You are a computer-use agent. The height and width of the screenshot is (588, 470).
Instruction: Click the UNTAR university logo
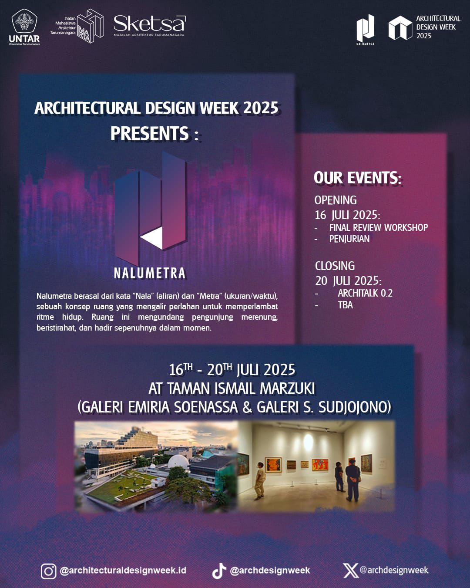coord(24,27)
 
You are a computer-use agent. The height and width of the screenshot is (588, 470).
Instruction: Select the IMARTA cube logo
coord(90,26)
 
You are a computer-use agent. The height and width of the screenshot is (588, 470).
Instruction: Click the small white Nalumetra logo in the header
coord(365,30)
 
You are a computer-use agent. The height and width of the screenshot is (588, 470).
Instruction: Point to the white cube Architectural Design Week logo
coord(400,27)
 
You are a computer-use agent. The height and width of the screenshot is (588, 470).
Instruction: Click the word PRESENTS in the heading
coord(150,133)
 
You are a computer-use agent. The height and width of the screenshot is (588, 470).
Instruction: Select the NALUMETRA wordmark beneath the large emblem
coord(150,273)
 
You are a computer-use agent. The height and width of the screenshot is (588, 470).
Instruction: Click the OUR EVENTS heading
coord(358,178)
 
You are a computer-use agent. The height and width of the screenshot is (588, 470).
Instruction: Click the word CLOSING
coord(335,266)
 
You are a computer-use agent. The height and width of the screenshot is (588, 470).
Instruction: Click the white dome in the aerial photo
coord(178,461)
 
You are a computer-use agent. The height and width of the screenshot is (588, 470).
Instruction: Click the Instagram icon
coord(49,571)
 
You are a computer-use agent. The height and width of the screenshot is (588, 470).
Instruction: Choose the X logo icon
coord(351,571)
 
